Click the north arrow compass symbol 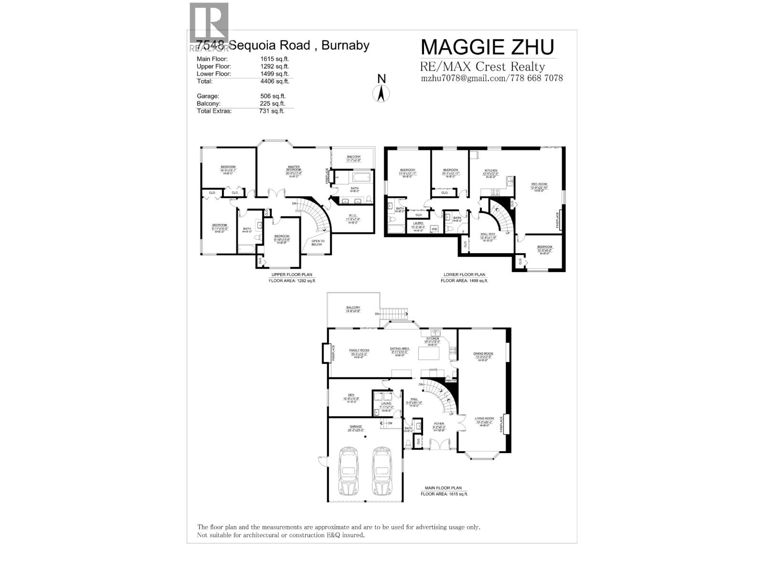pos(381,89)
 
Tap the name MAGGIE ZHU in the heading pos(487,47)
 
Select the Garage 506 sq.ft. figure pos(273,96)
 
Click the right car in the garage pos(382,472)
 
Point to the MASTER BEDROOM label pos(293,168)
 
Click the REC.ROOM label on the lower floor pos(539,184)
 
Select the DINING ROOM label pos(483,354)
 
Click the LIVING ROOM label pos(484,418)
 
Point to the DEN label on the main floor pos(351,395)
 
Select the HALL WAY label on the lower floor pos(488,234)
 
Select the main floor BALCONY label pos(353,308)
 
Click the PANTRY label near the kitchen pos(450,381)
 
